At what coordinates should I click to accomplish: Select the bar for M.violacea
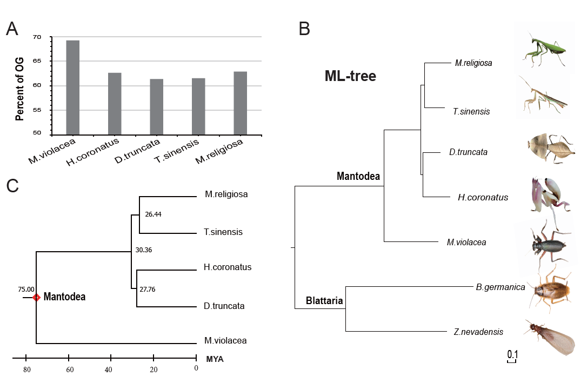[72, 87]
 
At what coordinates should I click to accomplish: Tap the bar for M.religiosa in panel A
[240, 103]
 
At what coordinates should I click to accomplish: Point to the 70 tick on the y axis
[36, 37]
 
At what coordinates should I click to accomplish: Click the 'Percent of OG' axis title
[20, 86]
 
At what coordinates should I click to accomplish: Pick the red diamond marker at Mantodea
[36, 298]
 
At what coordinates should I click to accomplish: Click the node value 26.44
[154, 214]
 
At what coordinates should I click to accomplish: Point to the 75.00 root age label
[25, 290]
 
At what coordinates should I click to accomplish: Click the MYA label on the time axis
[215, 359]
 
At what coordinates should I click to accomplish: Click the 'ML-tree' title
[350, 77]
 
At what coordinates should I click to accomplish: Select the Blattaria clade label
[324, 301]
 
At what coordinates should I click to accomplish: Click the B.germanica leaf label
[501, 287]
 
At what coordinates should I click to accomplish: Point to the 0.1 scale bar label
[512, 354]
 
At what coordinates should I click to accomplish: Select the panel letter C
[12, 186]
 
